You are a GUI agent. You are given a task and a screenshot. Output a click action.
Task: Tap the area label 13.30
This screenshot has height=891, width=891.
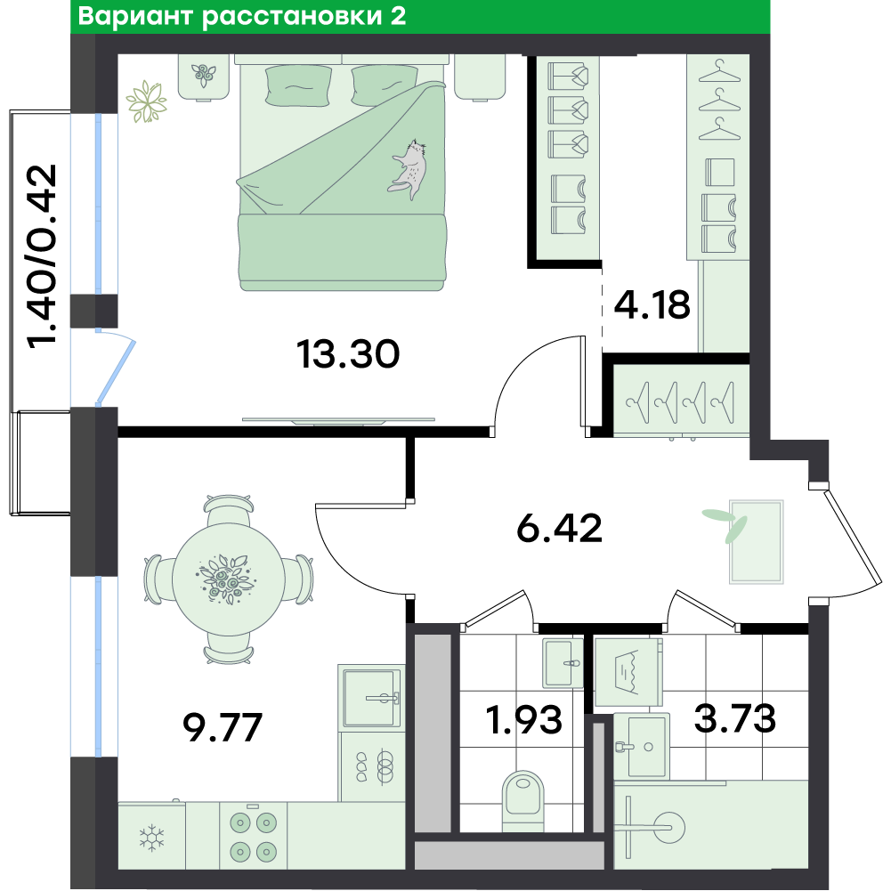pyautogui.click(x=348, y=353)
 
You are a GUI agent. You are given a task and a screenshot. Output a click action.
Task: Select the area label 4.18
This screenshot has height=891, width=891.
pyautogui.click(x=652, y=304)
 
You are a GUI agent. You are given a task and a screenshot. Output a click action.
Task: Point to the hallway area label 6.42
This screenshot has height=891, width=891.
pyautogui.click(x=559, y=527)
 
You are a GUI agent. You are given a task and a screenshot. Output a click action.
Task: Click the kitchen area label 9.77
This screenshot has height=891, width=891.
pyautogui.click(x=223, y=727)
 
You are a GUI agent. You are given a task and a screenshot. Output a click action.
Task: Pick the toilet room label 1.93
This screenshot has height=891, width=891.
pyautogui.click(x=524, y=719)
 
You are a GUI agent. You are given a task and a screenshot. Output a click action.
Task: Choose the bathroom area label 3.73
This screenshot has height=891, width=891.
pyautogui.click(x=734, y=717)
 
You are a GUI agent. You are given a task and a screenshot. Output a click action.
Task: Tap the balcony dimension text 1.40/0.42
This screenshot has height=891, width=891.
pyautogui.click(x=42, y=254)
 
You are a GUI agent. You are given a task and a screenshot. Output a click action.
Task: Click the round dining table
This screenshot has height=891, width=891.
pyautogui.click(x=229, y=579)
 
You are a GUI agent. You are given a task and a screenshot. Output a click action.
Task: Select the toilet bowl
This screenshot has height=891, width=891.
pyautogui.click(x=522, y=800)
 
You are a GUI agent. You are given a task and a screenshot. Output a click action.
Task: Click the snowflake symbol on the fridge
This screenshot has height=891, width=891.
pyautogui.click(x=152, y=838)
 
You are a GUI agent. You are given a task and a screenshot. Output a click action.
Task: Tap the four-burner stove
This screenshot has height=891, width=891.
pyautogui.click(x=253, y=835)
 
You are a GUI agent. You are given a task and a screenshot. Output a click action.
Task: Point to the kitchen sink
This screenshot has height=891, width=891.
pyautogui.click(x=370, y=698)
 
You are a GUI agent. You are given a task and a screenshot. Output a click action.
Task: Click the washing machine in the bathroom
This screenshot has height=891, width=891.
pyautogui.click(x=628, y=671)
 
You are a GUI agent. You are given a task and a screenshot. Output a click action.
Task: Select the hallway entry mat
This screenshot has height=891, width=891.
pyautogui.click(x=757, y=542)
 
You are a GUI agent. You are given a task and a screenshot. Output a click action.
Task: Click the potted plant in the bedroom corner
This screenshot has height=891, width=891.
pyautogui.click(x=147, y=101)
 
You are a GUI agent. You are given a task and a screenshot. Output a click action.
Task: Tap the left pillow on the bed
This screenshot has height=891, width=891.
pyautogui.click(x=298, y=85)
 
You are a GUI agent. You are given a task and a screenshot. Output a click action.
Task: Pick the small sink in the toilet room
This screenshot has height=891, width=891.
pyautogui.click(x=563, y=663)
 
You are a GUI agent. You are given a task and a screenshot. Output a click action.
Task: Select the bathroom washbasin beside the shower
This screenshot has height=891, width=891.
pyautogui.click(x=641, y=747)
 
